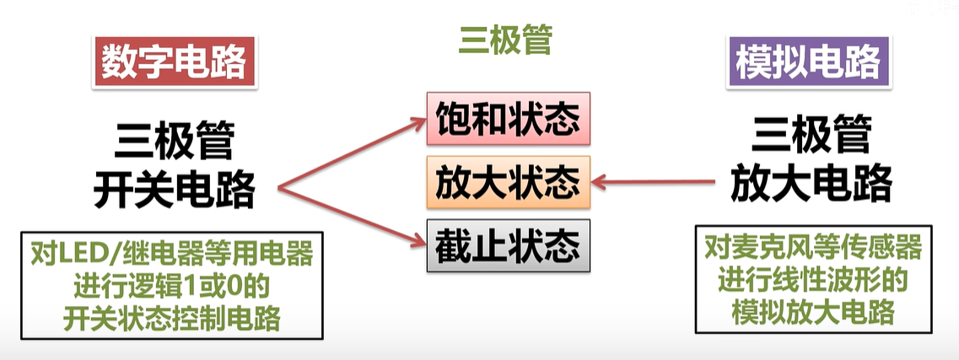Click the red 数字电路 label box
(175, 61)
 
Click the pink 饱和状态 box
(507, 121)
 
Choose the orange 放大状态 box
(507, 182)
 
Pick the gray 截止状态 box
(507, 245)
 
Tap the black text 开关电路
(175, 191)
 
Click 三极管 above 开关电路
(175, 142)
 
